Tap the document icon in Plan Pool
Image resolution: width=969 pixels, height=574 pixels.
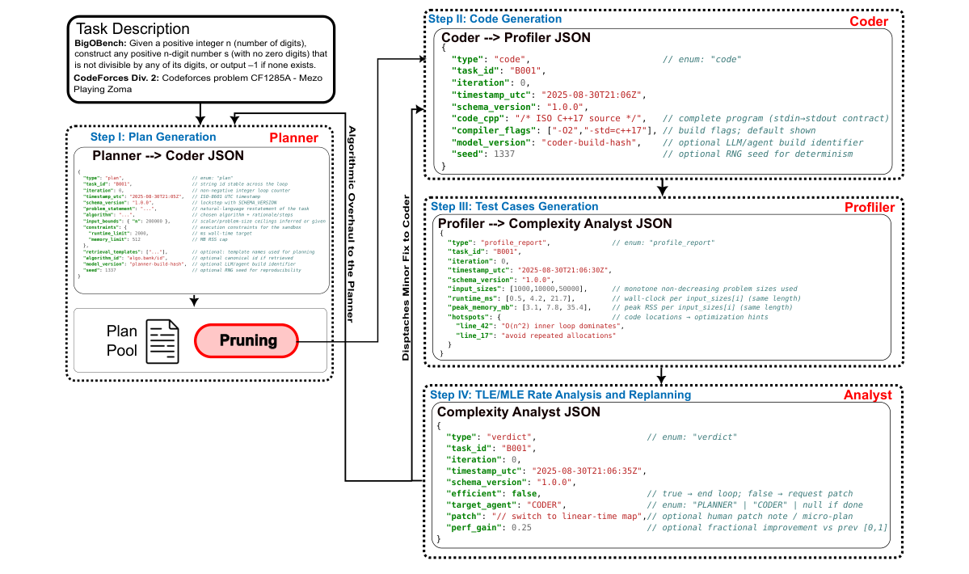point(162,341)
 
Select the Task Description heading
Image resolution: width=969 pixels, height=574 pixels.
point(133,29)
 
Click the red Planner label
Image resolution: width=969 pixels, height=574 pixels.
point(295,139)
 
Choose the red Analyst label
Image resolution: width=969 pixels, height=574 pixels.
point(868,395)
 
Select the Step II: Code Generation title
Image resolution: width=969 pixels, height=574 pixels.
point(495,19)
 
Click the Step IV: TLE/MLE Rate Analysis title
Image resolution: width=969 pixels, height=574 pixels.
point(560,395)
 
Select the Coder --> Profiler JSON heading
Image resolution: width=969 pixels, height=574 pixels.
point(516,37)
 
